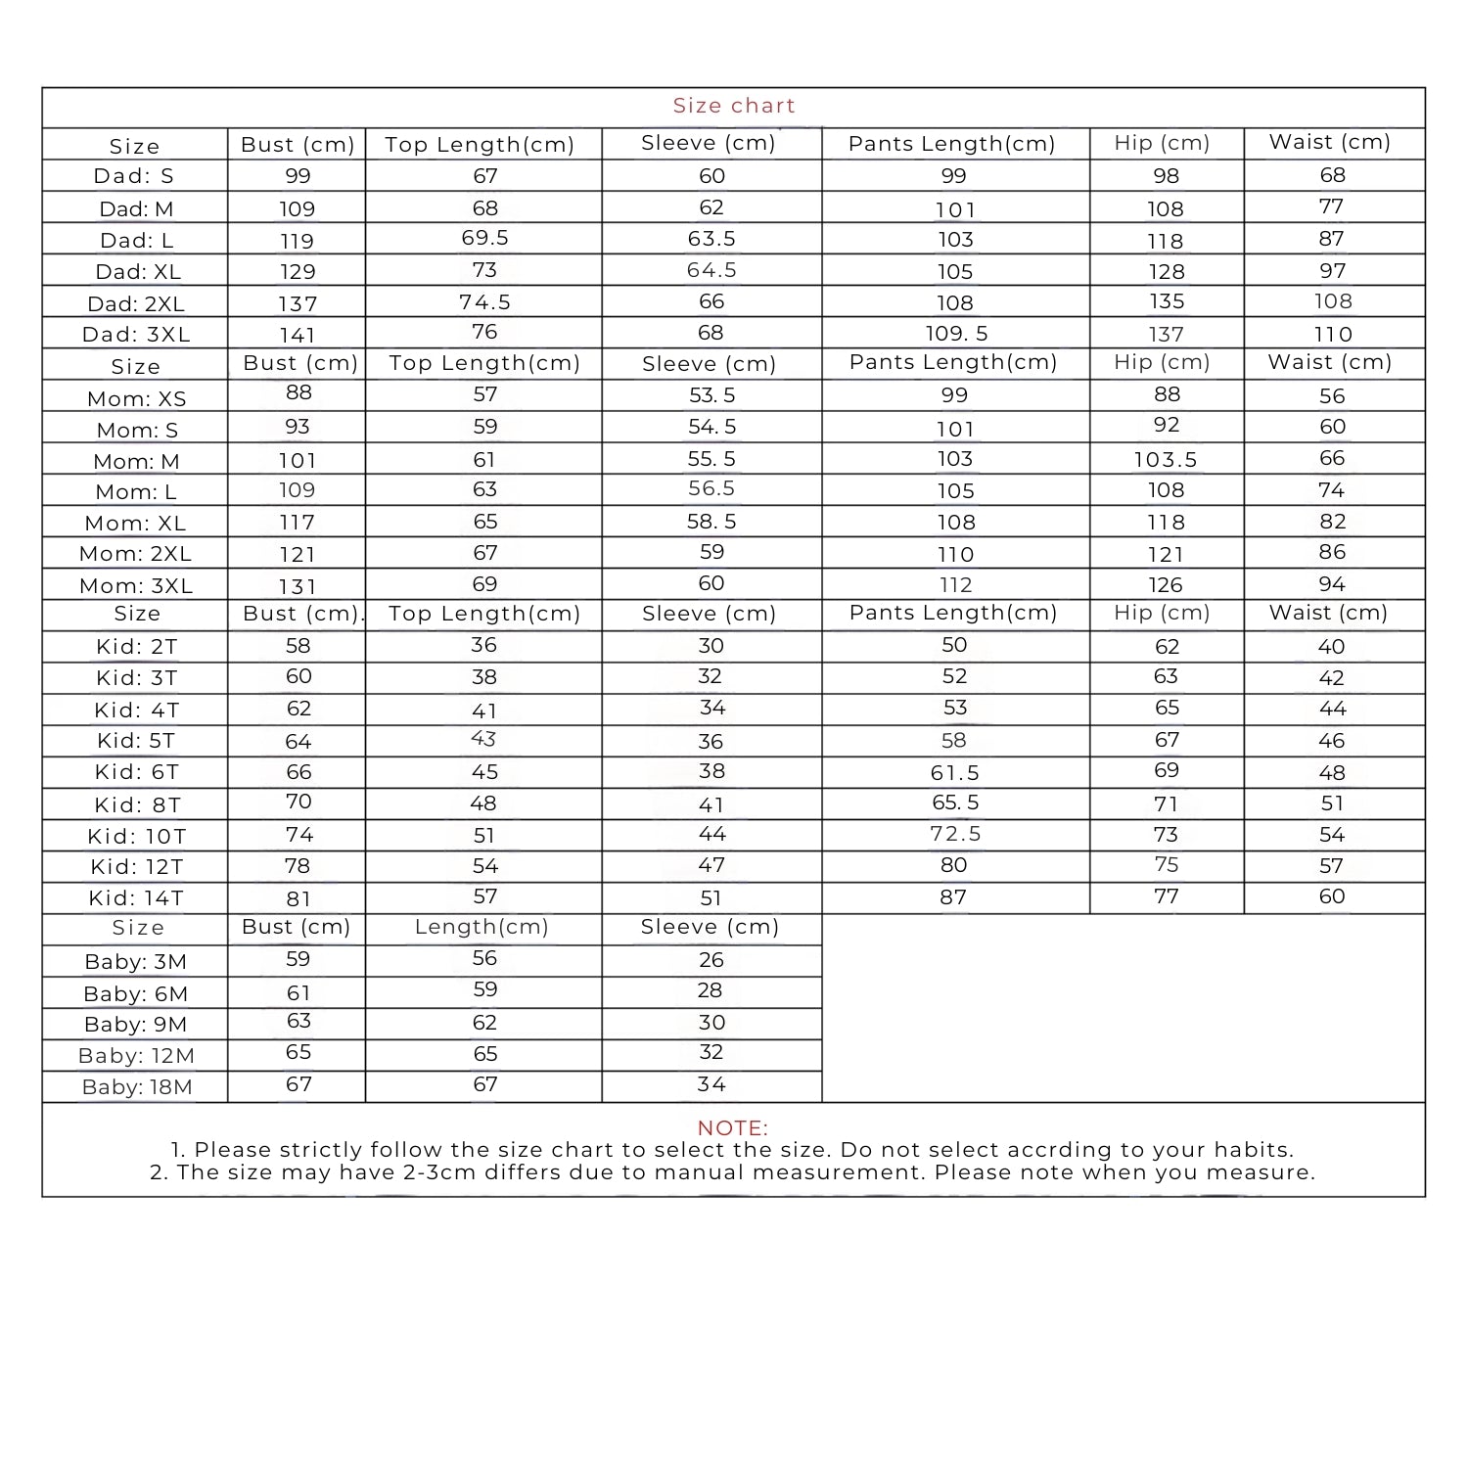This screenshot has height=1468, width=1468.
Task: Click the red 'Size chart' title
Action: click(734, 106)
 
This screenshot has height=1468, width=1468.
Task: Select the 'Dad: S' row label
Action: click(134, 177)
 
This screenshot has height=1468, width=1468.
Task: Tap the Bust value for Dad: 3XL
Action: click(298, 335)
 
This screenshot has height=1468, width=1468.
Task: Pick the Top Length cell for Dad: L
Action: click(484, 239)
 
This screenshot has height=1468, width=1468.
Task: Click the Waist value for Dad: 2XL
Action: click(1333, 301)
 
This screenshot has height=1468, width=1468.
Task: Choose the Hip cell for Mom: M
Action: click(1166, 460)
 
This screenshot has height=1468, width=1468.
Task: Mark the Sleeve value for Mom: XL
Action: click(711, 523)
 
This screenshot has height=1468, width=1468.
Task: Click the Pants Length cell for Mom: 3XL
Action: click(955, 585)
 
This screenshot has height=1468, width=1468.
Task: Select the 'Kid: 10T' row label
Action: click(136, 837)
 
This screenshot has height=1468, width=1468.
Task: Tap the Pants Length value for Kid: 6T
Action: click(954, 773)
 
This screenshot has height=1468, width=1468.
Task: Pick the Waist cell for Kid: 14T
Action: click(1332, 896)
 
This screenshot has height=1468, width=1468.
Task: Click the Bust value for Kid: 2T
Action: click(298, 646)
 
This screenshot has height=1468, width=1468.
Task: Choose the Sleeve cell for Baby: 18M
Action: click(711, 1084)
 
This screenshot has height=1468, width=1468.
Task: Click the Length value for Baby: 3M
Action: click(484, 959)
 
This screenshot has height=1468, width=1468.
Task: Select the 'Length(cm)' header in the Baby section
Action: click(482, 927)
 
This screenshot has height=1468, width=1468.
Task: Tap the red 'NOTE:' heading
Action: click(733, 1128)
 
